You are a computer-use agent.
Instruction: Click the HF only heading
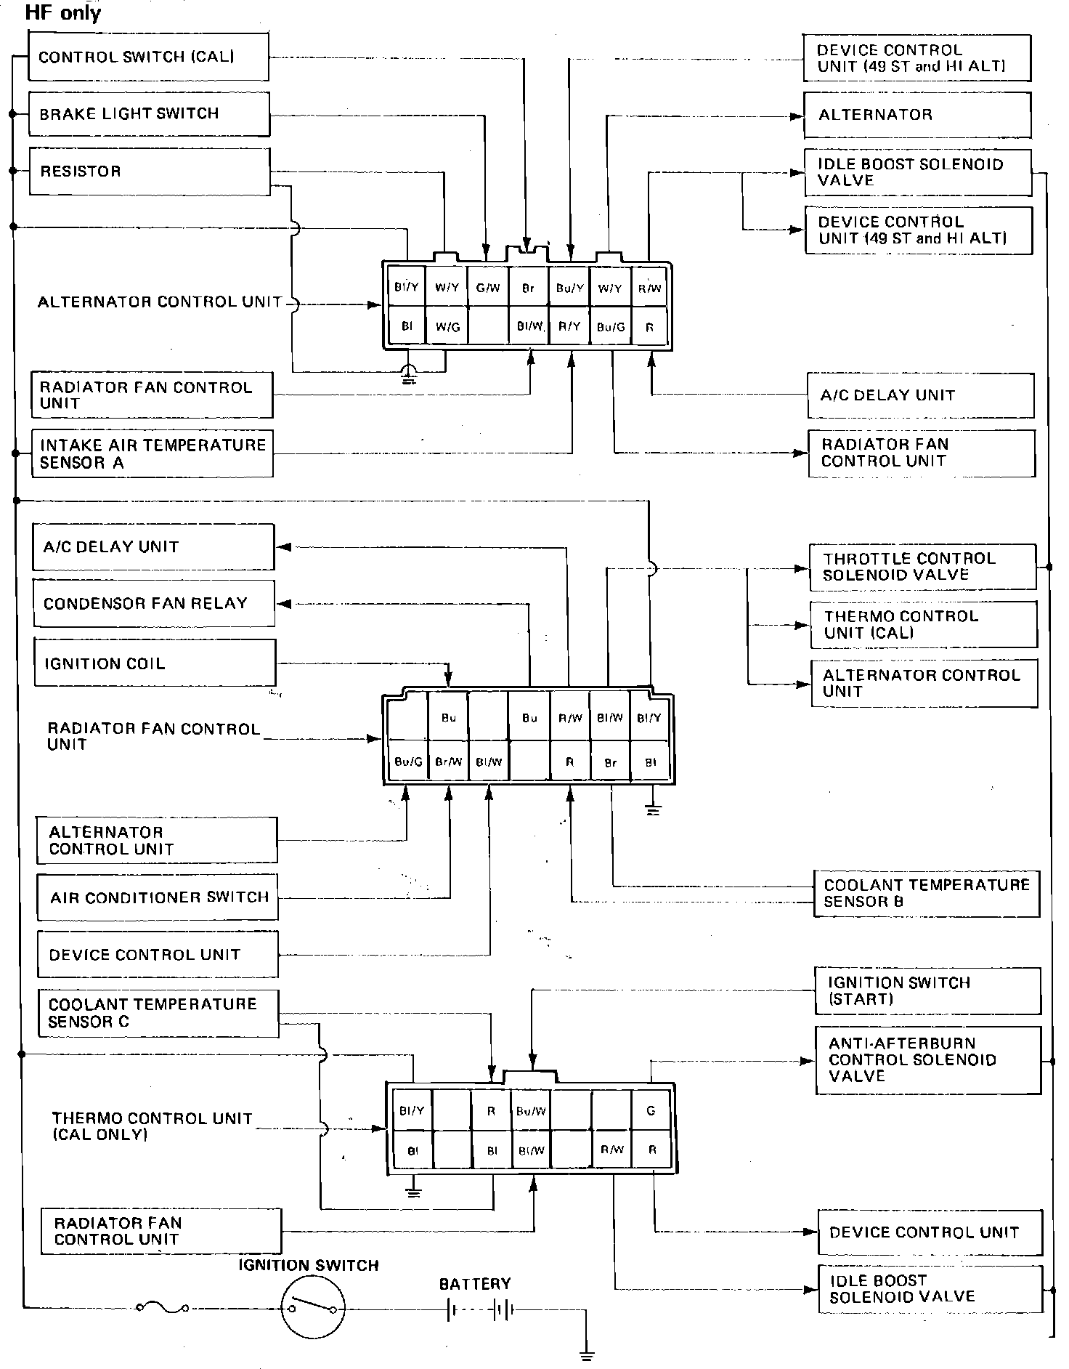coord(62,12)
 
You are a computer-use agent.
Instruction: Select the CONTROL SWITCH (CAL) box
coord(148,57)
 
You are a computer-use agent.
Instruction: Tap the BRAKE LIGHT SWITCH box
coord(149,113)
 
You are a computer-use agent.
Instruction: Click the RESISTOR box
coord(149,171)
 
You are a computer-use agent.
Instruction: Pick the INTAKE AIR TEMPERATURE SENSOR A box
coord(152,454)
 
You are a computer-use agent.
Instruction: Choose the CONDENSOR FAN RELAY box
coord(154,603)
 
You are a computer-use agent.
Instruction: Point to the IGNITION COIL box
coord(155,663)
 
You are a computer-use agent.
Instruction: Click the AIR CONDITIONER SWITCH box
coord(158,897)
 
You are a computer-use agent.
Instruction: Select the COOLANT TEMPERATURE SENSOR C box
coord(158,1013)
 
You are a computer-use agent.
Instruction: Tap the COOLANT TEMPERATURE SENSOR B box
coord(926,893)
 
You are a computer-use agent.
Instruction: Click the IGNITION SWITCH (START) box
coord(927,990)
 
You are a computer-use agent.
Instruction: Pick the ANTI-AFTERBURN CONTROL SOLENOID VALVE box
coord(927,1059)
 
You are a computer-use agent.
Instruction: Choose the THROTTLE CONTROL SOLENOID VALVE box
coord(922,567)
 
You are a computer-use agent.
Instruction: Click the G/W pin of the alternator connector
coord(488,288)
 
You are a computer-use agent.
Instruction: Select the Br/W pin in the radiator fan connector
coord(448,762)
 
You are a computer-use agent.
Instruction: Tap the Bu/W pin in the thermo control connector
coord(531,1111)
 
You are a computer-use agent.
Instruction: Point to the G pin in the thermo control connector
coord(651,1110)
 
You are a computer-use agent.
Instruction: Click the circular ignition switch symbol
coord(313,1309)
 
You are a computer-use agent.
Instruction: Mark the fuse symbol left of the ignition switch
coord(162,1308)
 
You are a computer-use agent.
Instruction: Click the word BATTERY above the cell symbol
coord(475,1284)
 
